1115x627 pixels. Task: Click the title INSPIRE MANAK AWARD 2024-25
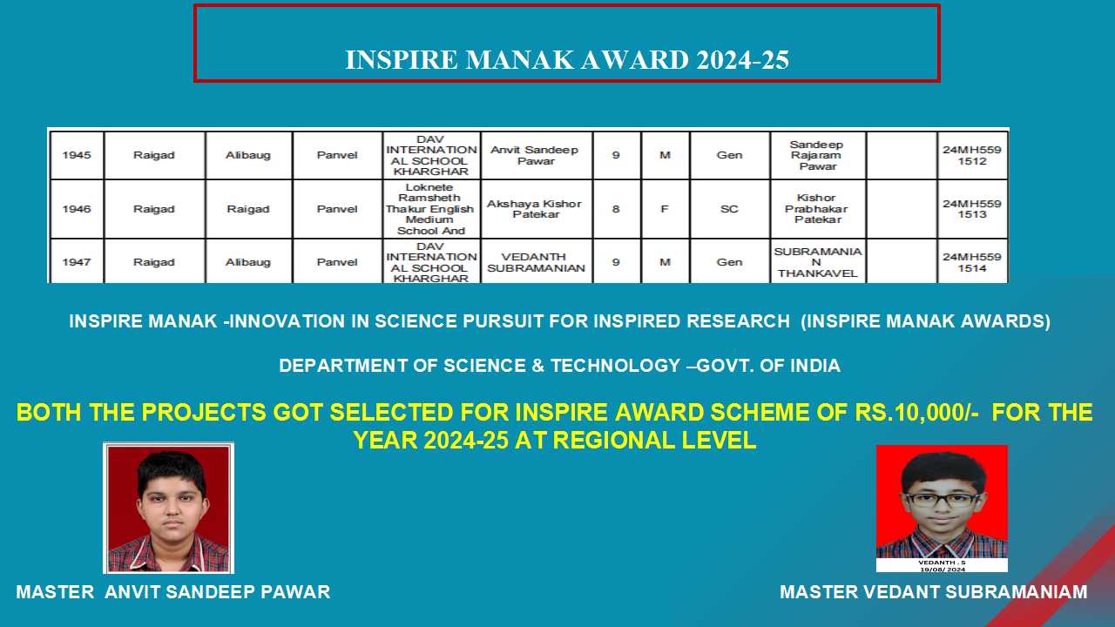tap(567, 60)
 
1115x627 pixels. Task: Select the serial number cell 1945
tap(77, 155)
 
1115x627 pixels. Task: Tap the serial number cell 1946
tap(77, 209)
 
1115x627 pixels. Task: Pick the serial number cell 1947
tap(77, 262)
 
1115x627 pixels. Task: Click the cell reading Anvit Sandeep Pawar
tap(535, 155)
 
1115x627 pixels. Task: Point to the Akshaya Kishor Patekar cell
tap(535, 209)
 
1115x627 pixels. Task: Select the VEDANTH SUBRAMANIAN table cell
tap(536, 262)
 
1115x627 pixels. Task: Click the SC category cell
tap(729, 209)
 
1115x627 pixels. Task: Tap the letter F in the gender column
tap(665, 209)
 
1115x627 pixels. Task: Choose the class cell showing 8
tap(616, 209)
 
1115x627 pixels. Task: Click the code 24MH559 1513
tap(971, 209)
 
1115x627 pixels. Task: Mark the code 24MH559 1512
tap(971, 155)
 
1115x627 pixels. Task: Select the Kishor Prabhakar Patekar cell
tap(817, 208)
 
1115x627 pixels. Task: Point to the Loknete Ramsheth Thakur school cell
tap(430, 209)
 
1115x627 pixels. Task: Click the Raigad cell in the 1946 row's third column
tap(248, 209)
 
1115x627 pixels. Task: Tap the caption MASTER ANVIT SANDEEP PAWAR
tap(173, 592)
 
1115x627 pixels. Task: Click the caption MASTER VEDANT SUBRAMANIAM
tap(933, 592)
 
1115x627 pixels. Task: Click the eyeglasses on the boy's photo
tap(941, 500)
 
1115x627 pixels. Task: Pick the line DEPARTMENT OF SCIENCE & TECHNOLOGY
tap(559, 366)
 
